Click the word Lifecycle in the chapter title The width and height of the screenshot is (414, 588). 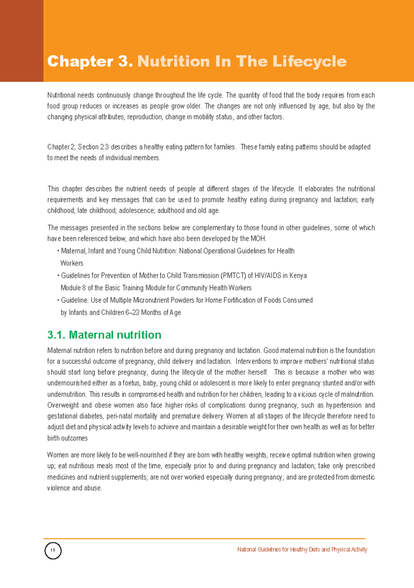pyautogui.click(x=309, y=62)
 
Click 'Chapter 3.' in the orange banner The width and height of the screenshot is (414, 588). pyautogui.click(x=90, y=62)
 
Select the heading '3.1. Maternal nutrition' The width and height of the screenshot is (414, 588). pyautogui.click(x=104, y=335)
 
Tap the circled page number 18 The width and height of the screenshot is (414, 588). pyautogui.click(x=53, y=550)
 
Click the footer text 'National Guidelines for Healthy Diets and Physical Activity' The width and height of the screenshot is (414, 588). pyautogui.click(x=302, y=549)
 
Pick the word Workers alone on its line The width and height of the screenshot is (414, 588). pyautogui.click(x=72, y=263)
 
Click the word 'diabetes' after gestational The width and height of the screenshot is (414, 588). pyautogui.click(x=92, y=416)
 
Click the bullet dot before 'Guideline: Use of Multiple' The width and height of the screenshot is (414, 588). pyautogui.click(x=58, y=300)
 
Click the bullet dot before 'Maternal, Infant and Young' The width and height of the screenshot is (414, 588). pyautogui.click(x=58, y=251)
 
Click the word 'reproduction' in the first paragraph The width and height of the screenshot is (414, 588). pyautogui.click(x=145, y=117)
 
